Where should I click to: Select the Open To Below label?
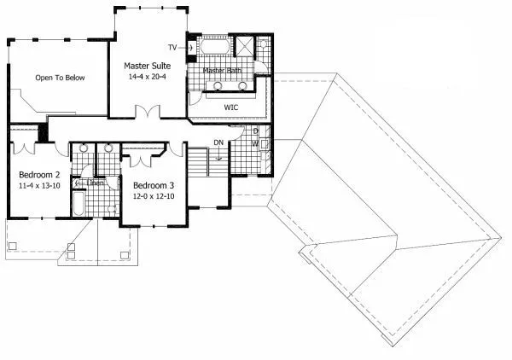pyautogui.click(x=60, y=78)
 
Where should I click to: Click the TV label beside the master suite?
pyautogui.click(x=172, y=46)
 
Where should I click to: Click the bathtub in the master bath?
pyautogui.click(x=215, y=46)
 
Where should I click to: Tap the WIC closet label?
pyautogui.click(x=230, y=107)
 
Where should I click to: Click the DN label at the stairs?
pyautogui.click(x=218, y=142)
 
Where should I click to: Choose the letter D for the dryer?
pyautogui.click(x=255, y=131)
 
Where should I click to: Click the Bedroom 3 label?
pyautogui.click(x=154, y=186)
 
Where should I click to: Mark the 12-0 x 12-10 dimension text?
pyautogui.click(x=154, y=197)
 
